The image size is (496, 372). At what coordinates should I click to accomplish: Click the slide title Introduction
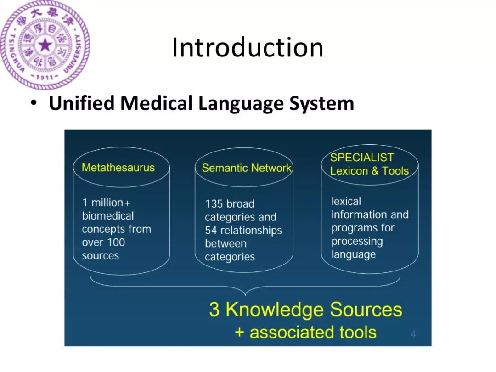(248, 48)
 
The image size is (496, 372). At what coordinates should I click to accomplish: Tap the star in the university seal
(45, 45)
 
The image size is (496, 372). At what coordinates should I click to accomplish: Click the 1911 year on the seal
(45, 78)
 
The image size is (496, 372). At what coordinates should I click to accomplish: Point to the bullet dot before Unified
(34, 103)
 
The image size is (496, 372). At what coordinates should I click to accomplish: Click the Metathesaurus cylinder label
(118, 167)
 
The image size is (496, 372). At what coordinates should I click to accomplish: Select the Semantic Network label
(246, 168)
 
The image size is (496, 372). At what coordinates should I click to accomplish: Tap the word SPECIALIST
(362, 158)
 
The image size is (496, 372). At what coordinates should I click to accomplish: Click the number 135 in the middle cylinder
(214, 204)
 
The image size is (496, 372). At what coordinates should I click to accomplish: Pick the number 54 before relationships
(211, 231)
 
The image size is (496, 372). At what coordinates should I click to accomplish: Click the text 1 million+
(106, 203)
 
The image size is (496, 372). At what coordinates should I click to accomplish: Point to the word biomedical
(108, 216)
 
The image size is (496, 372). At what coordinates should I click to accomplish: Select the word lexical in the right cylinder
(346, 201)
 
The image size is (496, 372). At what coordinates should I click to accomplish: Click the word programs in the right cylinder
(352, 228)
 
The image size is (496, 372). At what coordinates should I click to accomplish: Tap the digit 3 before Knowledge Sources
(214, 310)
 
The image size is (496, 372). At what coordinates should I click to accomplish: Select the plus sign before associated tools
(239, 332)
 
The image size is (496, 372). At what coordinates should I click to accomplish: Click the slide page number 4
(413, 334)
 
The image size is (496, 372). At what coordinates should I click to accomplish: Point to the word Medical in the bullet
(158, 103)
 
